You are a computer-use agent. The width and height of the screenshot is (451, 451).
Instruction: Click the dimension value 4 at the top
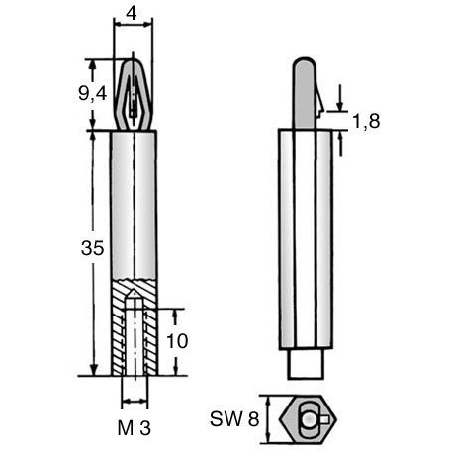click(x=132, y=14)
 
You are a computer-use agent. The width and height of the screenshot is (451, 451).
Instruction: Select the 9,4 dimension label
click(x=93, y=94)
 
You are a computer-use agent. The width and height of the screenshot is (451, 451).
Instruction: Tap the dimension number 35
click(x=93, y=248)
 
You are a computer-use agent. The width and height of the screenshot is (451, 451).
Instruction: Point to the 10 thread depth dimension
click(x=177, y=341)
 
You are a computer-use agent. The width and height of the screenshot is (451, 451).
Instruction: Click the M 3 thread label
click(x=135, y=428)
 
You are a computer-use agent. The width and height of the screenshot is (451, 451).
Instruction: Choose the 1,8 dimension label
click(x=366, y=121)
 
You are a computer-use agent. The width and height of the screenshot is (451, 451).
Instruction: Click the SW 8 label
click(x=234, y=419)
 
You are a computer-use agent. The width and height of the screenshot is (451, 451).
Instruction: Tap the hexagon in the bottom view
click(x=308, y=418)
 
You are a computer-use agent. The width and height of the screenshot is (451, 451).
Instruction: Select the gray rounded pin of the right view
click(x=305, y=93)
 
